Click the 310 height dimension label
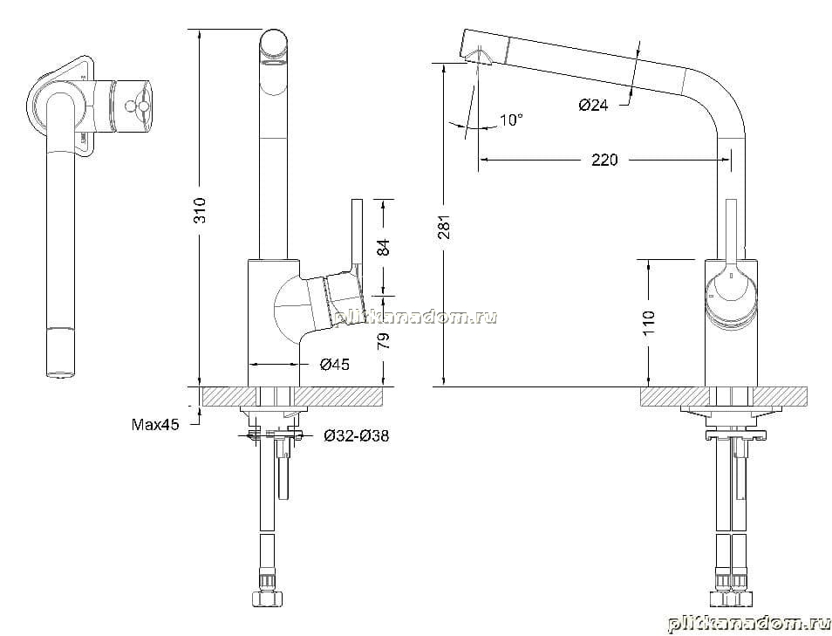(x=200, y=210)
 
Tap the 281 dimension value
(x=444, y=225)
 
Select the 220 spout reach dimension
(x=604, y=160)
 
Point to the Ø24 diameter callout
(x=593, y=105)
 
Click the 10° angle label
(x=511, y=120)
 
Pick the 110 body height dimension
(x=649, y=322)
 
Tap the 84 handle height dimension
(x=383, y=247)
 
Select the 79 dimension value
(x=383, y=340)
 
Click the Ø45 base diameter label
(x=334, y=364)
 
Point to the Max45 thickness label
(x=155, y=425)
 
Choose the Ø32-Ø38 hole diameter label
(x=357, y=436)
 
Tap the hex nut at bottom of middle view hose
(x=266, y=598)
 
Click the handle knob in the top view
(x=138, y=106)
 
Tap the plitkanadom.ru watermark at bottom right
(x=749, y=624)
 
